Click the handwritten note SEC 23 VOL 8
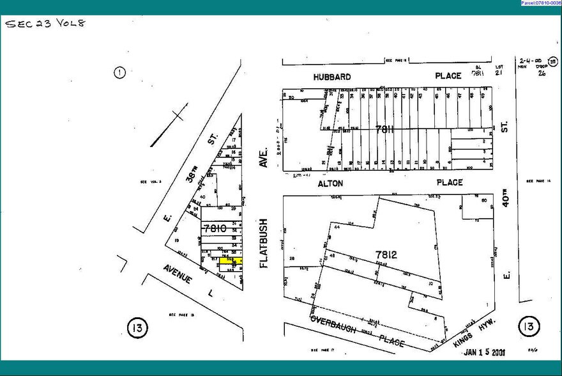tap(45, 24)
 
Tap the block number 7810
tap(214, 229)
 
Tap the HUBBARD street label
tap(331, 77)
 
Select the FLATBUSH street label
tap(264, 243)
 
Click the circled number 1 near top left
tap(119, 72)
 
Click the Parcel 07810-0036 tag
tap(540, 3)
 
